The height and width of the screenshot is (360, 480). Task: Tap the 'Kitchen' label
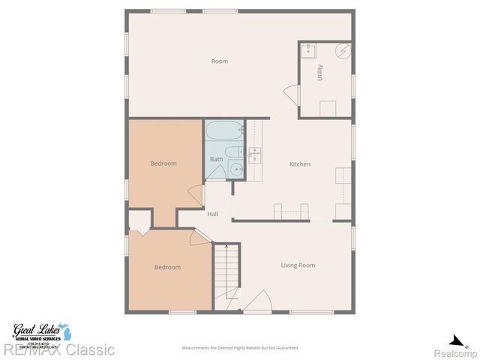[300, 164]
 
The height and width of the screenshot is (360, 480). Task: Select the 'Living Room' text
[298, 265]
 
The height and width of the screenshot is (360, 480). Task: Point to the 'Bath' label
[216, 159]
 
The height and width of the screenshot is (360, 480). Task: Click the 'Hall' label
[213, 214]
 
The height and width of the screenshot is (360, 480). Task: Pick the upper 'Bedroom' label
[163, 163]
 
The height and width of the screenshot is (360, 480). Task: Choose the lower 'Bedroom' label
[167, 267]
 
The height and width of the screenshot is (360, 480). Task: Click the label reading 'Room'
[219, 61]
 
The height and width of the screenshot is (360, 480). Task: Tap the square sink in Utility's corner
[308, 51]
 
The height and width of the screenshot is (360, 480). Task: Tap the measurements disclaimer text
[240, 348]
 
